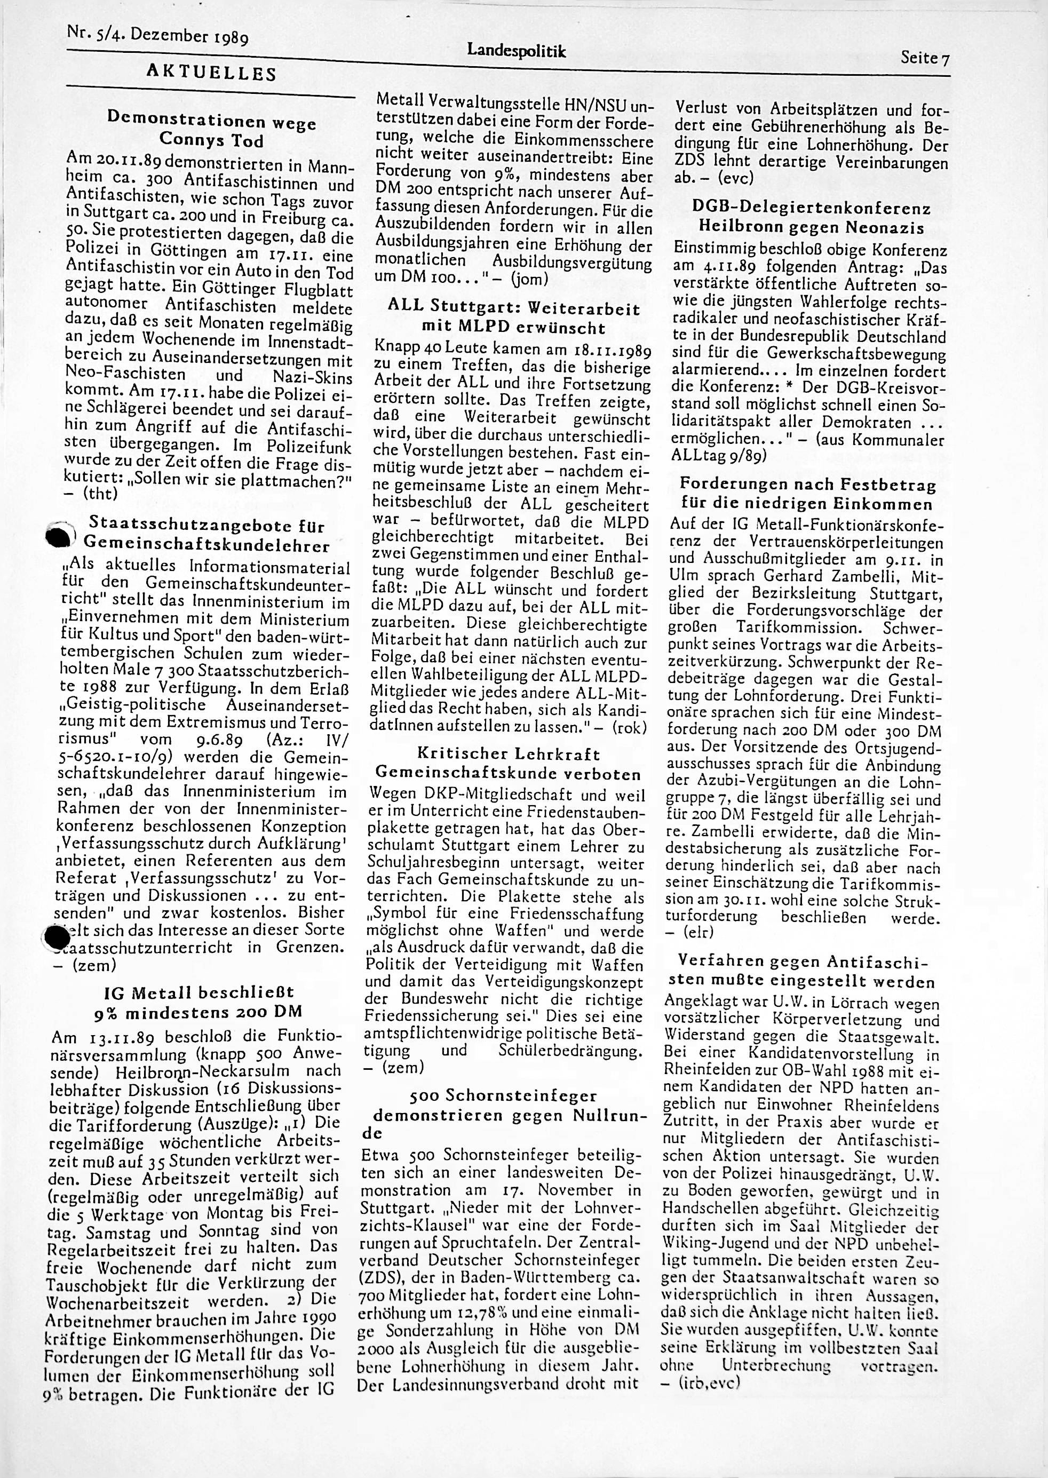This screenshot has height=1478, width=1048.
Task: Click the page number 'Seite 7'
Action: pos(925,59)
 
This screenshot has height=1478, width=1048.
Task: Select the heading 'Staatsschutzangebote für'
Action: pos(207,525)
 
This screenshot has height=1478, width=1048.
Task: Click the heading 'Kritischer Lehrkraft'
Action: pos(509,753)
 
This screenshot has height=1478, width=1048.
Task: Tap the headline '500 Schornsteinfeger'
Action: pos(503,1095)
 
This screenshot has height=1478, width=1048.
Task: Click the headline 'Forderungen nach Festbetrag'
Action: pos(808,484)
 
